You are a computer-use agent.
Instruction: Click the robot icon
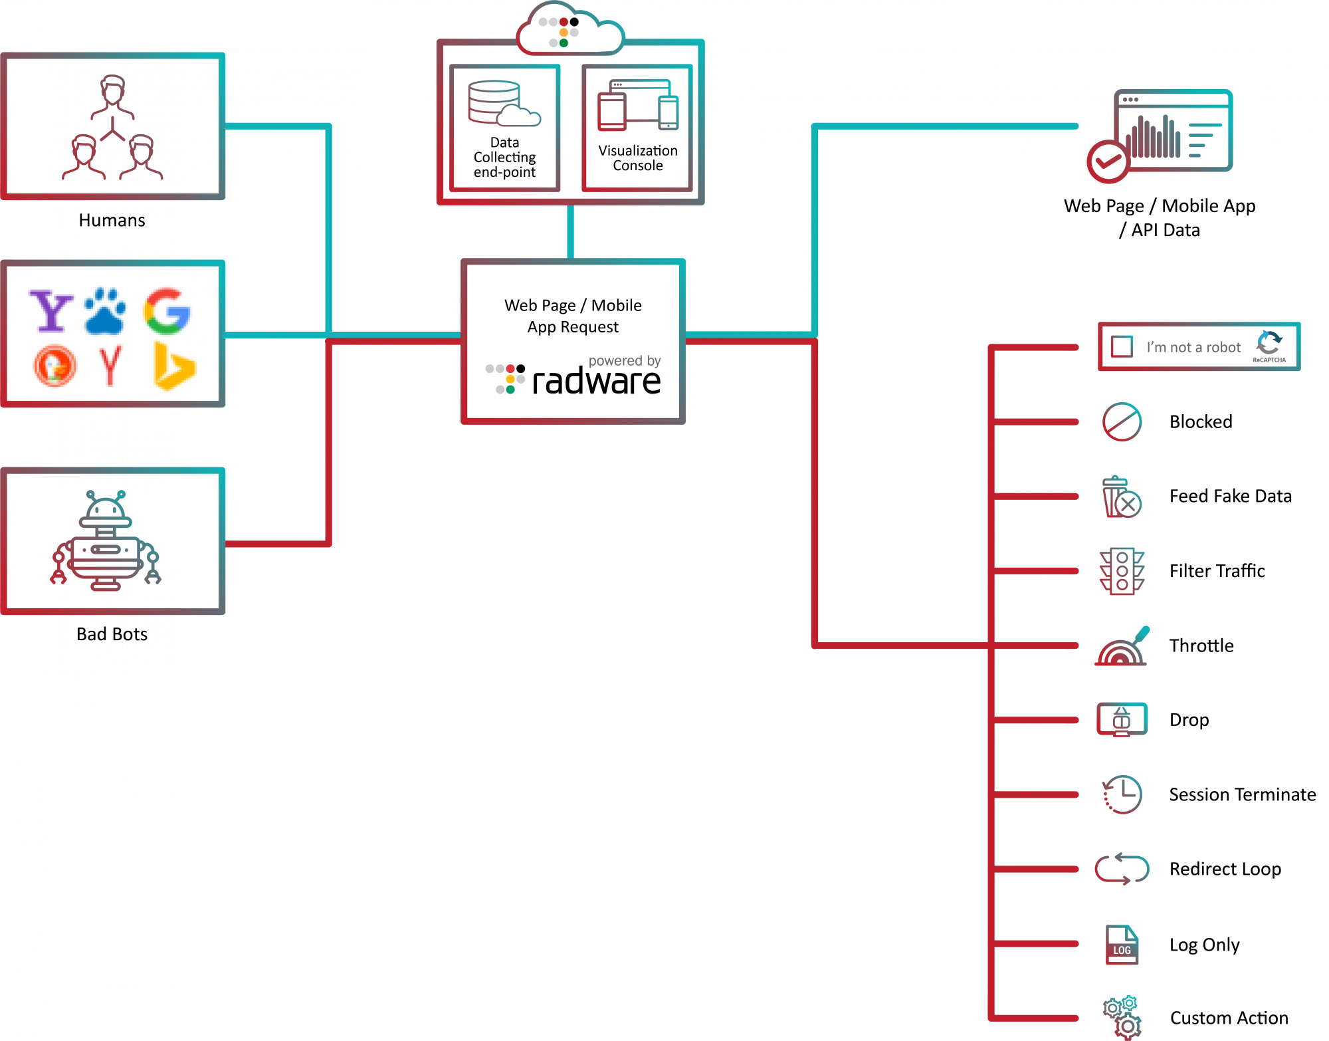pos(106,541)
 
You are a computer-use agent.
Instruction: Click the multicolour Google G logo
pos(167,310)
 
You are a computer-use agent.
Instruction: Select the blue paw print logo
pos(105,310)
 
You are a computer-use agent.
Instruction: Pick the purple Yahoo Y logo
pos(51,310)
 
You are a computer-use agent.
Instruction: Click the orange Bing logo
pos(174,366)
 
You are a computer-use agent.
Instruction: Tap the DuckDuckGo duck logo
pos(54,366)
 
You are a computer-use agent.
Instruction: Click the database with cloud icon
pos(504,104)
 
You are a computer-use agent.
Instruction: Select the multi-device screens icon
pos(638,105)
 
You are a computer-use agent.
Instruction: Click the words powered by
pos(625,361)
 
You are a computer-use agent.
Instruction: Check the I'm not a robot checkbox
pos(1122,346)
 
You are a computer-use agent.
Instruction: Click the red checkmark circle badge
pos(1107,161)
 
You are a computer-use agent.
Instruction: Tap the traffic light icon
pos(1122,571)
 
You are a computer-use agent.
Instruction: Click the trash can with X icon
pos(1122,497)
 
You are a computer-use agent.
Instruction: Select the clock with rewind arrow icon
pos(1122,794)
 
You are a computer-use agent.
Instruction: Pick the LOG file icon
pos(1122,944)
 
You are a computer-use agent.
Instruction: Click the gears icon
pos(1122,1018)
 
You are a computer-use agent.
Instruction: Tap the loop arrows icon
pos(1122,869)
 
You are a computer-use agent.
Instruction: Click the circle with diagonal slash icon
pos(1122,421)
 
